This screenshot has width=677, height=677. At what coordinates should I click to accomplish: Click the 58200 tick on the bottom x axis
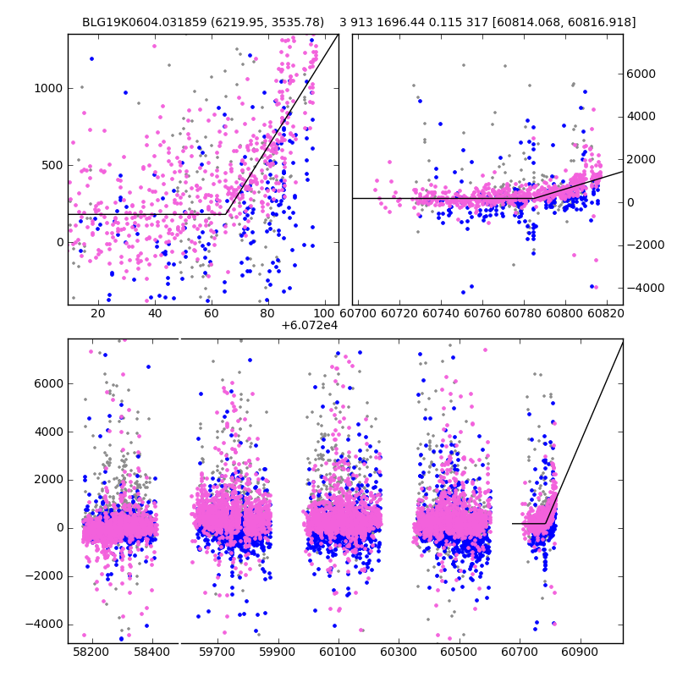click(x=91, y=653)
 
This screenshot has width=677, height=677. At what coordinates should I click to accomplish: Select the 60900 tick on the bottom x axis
click(x=581, y=653)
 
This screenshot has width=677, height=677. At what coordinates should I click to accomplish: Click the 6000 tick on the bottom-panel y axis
click(x=48, y=383)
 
